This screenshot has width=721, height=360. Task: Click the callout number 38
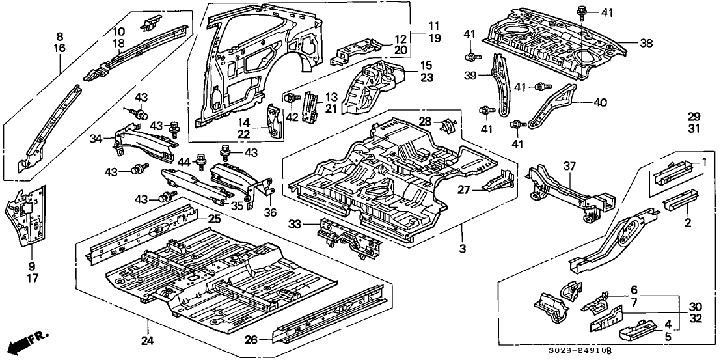[646, 44]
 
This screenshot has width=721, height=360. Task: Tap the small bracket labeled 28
[448, 122]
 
